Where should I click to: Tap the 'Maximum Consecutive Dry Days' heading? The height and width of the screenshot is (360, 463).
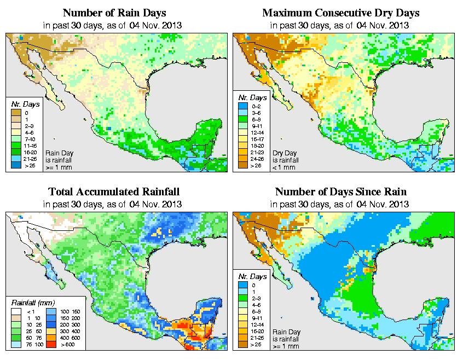341,13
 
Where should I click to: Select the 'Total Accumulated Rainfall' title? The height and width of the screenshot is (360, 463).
113,191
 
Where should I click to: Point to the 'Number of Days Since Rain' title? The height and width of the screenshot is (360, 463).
341,191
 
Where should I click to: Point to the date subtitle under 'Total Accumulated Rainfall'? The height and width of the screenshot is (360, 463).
113,205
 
